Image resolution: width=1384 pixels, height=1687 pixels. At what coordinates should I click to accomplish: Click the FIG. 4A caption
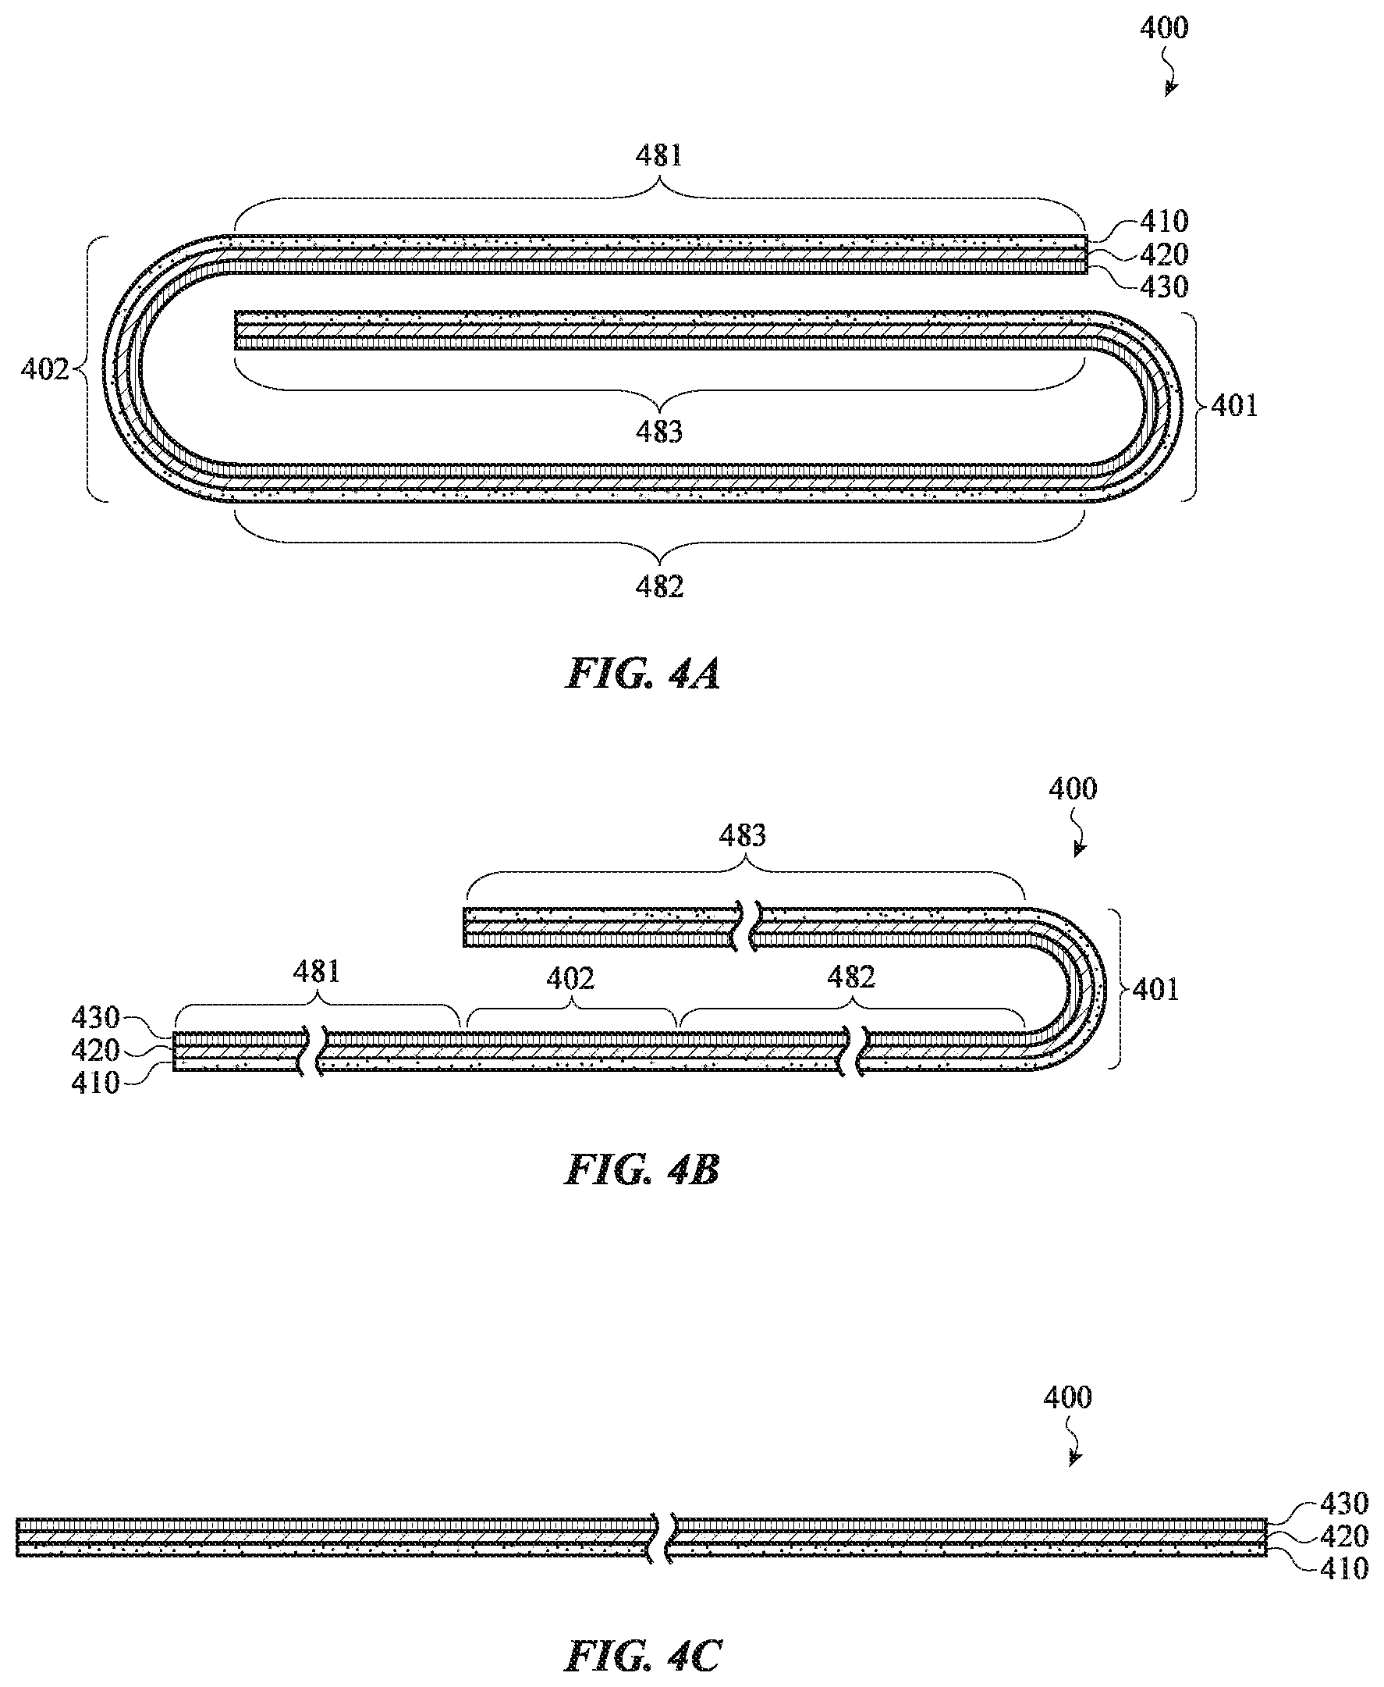[643, 674]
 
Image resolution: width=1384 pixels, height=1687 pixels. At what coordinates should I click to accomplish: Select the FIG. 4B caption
[643, 1170]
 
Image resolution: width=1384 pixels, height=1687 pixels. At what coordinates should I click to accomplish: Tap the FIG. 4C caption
[643, 1655]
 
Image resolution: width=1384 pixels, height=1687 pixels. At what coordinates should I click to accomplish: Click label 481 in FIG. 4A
[659, 155]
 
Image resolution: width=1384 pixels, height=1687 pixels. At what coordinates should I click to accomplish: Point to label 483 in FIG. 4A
[659, 432]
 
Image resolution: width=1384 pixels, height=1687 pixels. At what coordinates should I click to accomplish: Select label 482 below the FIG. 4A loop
[659, 587]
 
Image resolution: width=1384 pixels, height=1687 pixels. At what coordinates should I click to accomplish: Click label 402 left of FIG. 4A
[44, 369]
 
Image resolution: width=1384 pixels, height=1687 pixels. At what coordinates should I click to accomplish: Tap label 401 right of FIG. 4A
[1235, 406]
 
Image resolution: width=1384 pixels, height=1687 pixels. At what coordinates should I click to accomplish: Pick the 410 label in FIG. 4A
[1164, 221]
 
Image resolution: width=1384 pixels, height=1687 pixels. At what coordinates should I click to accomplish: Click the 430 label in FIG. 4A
[1164, 287]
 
